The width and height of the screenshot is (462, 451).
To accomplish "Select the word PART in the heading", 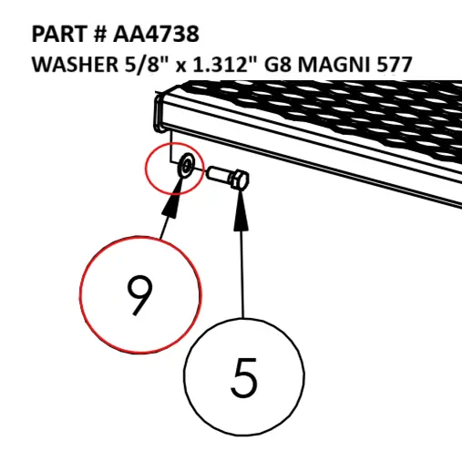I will [x=59, y=34].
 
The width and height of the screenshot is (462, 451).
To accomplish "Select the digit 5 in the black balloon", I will [x=244, y=377].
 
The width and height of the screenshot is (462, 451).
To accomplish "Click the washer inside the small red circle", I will [x=184, y=166].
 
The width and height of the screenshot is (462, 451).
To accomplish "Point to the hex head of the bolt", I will [x=240, y=180].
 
